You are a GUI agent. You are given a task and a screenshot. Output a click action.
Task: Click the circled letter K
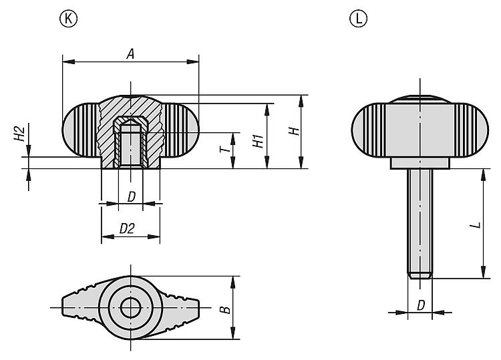coord(68,19)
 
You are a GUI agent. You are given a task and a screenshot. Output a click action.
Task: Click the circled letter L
coord(359,19)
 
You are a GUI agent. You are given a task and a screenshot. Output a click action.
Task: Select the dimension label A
coord(130,53)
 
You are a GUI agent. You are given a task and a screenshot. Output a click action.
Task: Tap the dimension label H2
coord(19,134)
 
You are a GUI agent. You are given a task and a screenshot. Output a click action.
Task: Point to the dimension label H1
coord(258,141)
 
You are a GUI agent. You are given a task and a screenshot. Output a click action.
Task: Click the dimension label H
coord(294,131)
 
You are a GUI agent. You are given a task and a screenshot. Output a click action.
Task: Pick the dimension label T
coord(225,149)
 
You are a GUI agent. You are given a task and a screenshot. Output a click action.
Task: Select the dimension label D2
coord(127,228)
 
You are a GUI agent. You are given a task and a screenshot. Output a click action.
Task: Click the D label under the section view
coord(132,197)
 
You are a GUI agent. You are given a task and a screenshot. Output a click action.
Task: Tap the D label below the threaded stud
coord(421,305)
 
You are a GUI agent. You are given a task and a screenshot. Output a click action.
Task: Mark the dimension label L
coord(477,225)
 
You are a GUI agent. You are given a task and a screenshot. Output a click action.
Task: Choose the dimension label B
coord(226,309)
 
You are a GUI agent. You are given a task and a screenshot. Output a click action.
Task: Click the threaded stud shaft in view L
coord(420,220)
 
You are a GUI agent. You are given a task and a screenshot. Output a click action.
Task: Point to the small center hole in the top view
coord(131,308)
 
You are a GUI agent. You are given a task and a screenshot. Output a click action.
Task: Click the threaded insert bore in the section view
coord(130,146)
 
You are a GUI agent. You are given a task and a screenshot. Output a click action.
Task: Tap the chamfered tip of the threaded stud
coord(420,275)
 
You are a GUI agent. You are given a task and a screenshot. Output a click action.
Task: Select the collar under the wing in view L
coord(420,163)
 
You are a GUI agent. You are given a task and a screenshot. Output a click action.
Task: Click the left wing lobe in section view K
coord(80,130)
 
